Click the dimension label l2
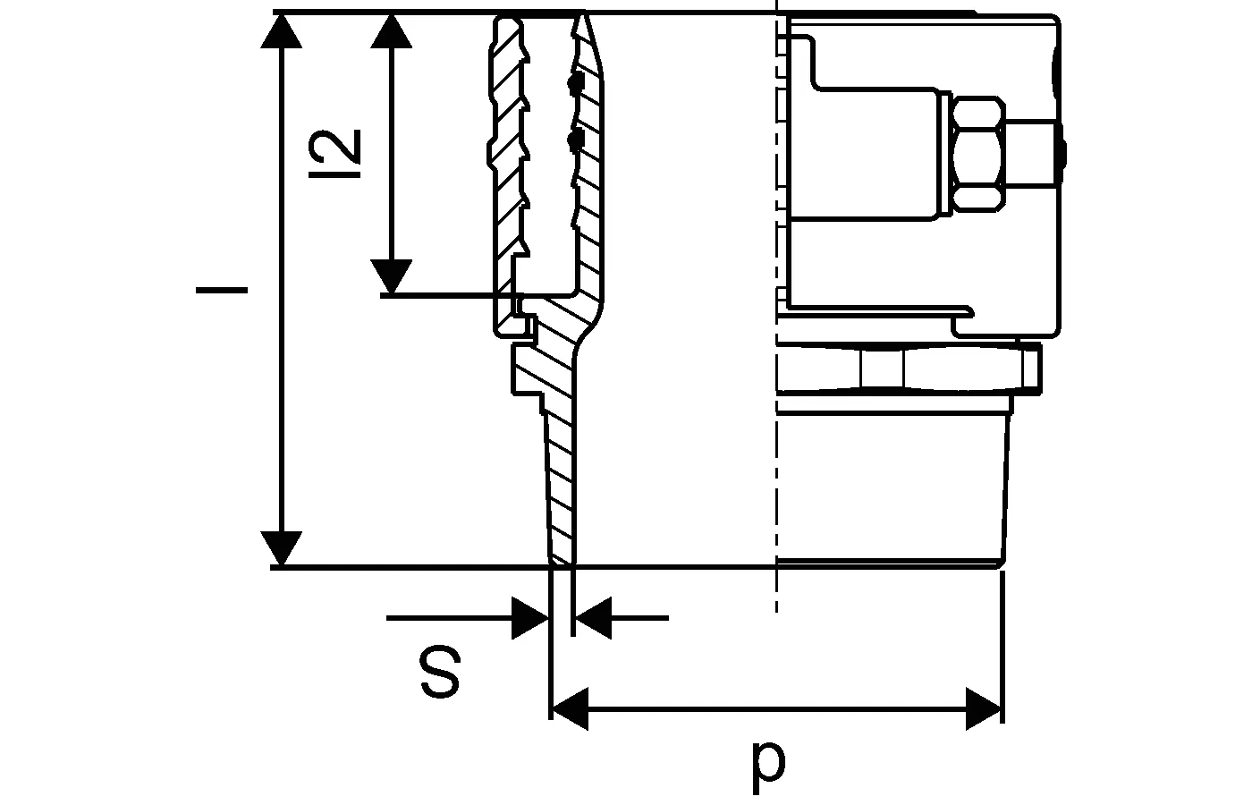334,154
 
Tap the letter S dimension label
440,672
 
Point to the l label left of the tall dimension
222,290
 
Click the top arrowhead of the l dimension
281,30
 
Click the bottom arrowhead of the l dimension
281,548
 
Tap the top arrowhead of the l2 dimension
392,30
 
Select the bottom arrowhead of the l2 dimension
392,276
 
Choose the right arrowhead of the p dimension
985,708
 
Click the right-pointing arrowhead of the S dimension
530,618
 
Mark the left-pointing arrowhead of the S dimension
593,618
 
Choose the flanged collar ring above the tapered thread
909,369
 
